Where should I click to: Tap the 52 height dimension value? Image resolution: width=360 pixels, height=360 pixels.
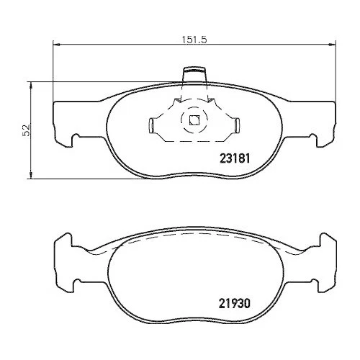pyautogui.click(x=26, y=130)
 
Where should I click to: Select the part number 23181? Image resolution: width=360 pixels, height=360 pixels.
pyautogui.click(x=235, y=158)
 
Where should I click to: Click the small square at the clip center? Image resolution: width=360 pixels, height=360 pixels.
pyautogui.click(x=193, y=121)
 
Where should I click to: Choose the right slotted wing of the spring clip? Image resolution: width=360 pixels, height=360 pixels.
pyautogui.click(x=232, y=125)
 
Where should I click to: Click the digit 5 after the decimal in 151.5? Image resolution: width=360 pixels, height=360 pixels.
pyautogui.click(x=204, y=40)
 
